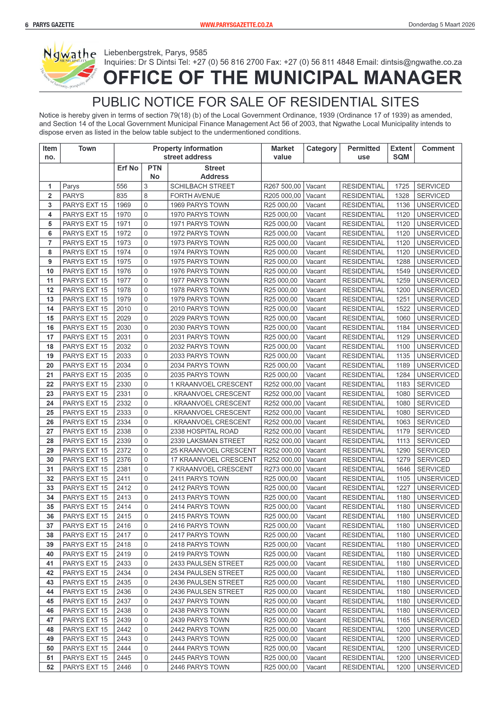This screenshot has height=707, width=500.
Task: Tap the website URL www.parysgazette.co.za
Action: tap(236, 25)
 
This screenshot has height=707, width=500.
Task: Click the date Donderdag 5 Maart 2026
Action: tap(441, 24)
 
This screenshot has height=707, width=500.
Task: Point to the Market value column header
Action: tap(282, 153)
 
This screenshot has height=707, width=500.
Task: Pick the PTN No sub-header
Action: tap(155, 172)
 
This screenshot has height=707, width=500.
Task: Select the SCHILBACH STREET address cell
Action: tap(202, 186)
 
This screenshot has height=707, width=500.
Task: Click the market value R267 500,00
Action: tap(282, 186)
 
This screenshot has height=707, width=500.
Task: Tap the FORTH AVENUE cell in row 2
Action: tap(195, 196)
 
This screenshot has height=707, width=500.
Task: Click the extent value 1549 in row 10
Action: tap(403, 271)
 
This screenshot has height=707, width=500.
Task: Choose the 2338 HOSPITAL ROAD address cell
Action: tap(204, 431)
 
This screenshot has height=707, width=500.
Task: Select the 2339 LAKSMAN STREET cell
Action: tap(207, 441)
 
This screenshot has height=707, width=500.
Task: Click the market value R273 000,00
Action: tap(282, 469)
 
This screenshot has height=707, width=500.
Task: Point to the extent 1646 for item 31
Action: tap(403, 469)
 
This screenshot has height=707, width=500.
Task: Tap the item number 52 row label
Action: tap(50, 667)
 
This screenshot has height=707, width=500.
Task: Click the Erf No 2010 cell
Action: tap(124, 309)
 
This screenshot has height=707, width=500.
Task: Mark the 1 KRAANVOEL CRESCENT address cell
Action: tap(211, 384)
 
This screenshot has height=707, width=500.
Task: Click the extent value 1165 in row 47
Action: tap(403, 620)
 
